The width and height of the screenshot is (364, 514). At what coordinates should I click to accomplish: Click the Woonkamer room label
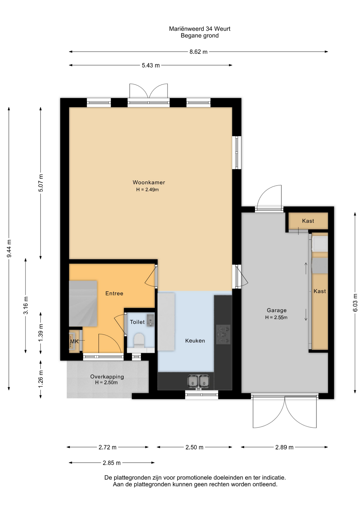[149, 182]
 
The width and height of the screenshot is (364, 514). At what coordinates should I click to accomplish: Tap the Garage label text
[277, 310]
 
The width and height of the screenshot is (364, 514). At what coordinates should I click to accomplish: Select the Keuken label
[195, 341]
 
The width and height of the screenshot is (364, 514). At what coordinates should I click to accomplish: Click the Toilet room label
[137, 322]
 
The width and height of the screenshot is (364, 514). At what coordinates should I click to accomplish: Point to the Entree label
[114, 293]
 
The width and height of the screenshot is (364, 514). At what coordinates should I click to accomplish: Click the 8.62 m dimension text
[199, 52]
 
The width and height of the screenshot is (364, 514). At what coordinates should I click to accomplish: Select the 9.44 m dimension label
[9, 249]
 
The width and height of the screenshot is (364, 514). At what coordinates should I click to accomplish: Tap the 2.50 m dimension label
[194, 447]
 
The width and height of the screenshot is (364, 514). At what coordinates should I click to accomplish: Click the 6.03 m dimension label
[355, 303]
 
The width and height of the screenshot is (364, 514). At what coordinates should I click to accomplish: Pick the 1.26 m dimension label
[40, 379]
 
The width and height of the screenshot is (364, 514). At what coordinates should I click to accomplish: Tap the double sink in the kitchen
[198, 381]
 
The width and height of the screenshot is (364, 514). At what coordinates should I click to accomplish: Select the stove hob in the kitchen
[224, 334]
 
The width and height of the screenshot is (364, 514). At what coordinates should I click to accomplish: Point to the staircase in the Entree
[83, 303]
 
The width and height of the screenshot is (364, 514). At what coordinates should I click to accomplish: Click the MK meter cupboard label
[74, 342]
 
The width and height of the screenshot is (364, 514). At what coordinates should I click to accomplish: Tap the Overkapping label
[107, 377]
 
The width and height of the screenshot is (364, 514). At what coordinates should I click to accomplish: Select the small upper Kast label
[308, 221]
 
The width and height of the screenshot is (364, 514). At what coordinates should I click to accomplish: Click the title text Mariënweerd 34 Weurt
[200, 29]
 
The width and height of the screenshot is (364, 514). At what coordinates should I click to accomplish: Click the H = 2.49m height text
[147, 190]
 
